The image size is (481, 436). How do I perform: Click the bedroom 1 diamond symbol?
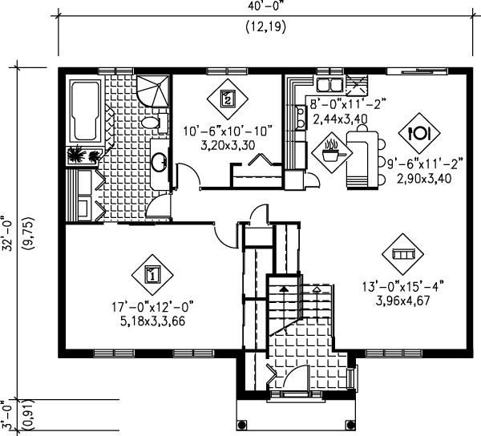(152, 275)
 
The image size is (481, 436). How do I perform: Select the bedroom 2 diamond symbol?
(228, 99)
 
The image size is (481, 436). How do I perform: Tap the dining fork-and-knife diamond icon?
(419, 133)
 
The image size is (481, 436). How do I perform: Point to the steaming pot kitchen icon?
(332, 152)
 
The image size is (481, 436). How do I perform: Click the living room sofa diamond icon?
(402, 254)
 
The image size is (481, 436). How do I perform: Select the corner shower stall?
(153, 91)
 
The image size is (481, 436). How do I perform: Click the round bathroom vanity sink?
(159, 162)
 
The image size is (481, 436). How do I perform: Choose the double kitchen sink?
(329, 84)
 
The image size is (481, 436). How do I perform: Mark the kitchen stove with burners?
(301, 118)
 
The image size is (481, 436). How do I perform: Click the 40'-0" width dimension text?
(266, 6)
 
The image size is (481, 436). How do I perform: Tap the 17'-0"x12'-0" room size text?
(153, 307)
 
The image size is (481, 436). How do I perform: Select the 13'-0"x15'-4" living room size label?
(403, 287)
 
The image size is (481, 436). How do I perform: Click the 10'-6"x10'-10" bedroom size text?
(228, 131)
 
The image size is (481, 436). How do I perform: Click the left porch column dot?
(242, 426)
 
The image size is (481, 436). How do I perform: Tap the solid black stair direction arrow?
(284, 289)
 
